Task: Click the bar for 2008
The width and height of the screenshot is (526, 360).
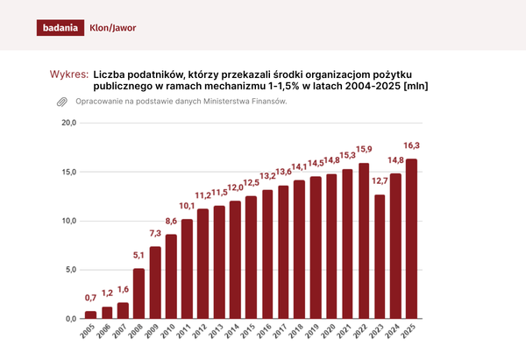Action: coord(139,293)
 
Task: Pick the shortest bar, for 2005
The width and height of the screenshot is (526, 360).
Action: coord(90,314)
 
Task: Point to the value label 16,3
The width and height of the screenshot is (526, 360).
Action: coord(411,145)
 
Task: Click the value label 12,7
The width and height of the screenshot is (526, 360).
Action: coord(379,181)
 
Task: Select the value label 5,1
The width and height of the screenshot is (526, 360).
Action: coord(139,255)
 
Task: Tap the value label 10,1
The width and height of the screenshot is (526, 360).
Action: coord(187,206)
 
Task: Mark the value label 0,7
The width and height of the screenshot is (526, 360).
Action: coord(90,298)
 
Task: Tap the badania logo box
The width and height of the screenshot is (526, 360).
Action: coord(60,27)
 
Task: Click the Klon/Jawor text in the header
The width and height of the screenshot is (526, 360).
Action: coord(113,27)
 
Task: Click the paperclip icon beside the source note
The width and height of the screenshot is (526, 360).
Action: coord(61,102)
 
